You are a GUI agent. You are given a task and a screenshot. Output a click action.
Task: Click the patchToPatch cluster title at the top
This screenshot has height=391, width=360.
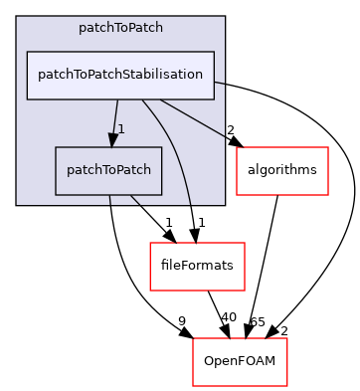(x=120, y=28)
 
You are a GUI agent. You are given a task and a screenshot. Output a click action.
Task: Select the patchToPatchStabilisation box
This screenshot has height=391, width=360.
(x=120, y=76)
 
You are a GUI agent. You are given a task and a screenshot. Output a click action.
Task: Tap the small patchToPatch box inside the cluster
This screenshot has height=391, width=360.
(x=108, y=171)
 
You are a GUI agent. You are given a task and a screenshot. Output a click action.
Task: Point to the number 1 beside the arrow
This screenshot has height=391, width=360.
(x=121, y=129)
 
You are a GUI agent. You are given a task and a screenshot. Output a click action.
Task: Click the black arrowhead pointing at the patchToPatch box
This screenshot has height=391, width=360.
(x=113, y=139)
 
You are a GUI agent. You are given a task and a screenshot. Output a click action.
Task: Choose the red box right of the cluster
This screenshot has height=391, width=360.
(x=282, y=171)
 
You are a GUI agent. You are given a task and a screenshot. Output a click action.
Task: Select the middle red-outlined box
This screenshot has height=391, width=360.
(x=197, y=267)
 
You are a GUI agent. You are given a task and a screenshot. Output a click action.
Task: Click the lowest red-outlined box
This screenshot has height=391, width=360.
(x=240, y=362)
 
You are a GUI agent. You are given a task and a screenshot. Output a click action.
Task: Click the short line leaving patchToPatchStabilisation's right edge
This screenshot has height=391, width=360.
(x=219, y=83)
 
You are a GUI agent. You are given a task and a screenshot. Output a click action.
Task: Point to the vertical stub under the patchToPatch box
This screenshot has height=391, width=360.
(x=109, y=200)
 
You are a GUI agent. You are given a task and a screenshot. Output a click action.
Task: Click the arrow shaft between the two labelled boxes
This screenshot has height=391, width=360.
(x=116, y=114)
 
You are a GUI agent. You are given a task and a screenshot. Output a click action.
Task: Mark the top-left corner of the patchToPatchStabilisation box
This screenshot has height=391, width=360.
(x=27, y=52)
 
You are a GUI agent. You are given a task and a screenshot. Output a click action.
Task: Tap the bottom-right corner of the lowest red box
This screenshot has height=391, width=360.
(x=286, y=386)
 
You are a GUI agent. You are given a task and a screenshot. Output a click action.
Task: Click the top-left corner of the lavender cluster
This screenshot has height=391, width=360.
(x=17, y=17)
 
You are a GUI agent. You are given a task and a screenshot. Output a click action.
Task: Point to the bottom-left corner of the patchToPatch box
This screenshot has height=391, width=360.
(x=56, y=195)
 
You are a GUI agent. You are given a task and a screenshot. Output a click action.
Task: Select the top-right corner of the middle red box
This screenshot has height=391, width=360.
(x=245, y=243)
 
